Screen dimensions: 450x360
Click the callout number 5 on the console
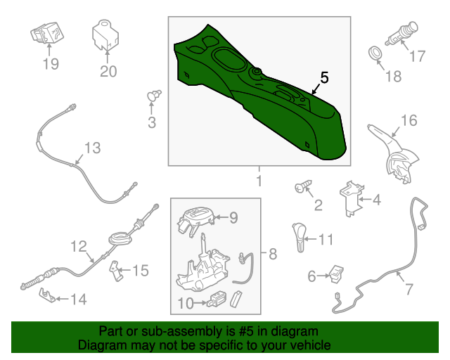(324, 78)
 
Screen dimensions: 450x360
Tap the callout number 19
(51, 64)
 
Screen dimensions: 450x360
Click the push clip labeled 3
(153, 96)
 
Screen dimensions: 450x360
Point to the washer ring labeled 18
(375, 53)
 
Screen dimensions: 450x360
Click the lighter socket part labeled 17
(401, 33)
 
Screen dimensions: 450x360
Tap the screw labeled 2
(303, 186)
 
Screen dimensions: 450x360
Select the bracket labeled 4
(351, 199)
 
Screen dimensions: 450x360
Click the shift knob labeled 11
(299, 237)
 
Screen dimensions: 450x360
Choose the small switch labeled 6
(336, 274)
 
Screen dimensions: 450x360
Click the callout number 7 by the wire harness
(409, 289)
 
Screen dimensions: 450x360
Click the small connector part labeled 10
(216, 300)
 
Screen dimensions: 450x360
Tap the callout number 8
(273, 254)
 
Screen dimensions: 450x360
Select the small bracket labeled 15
(117, 271)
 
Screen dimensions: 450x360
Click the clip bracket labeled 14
(47, 295)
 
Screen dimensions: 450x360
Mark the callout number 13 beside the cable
(92, 148)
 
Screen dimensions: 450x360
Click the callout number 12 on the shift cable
(79, 247)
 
